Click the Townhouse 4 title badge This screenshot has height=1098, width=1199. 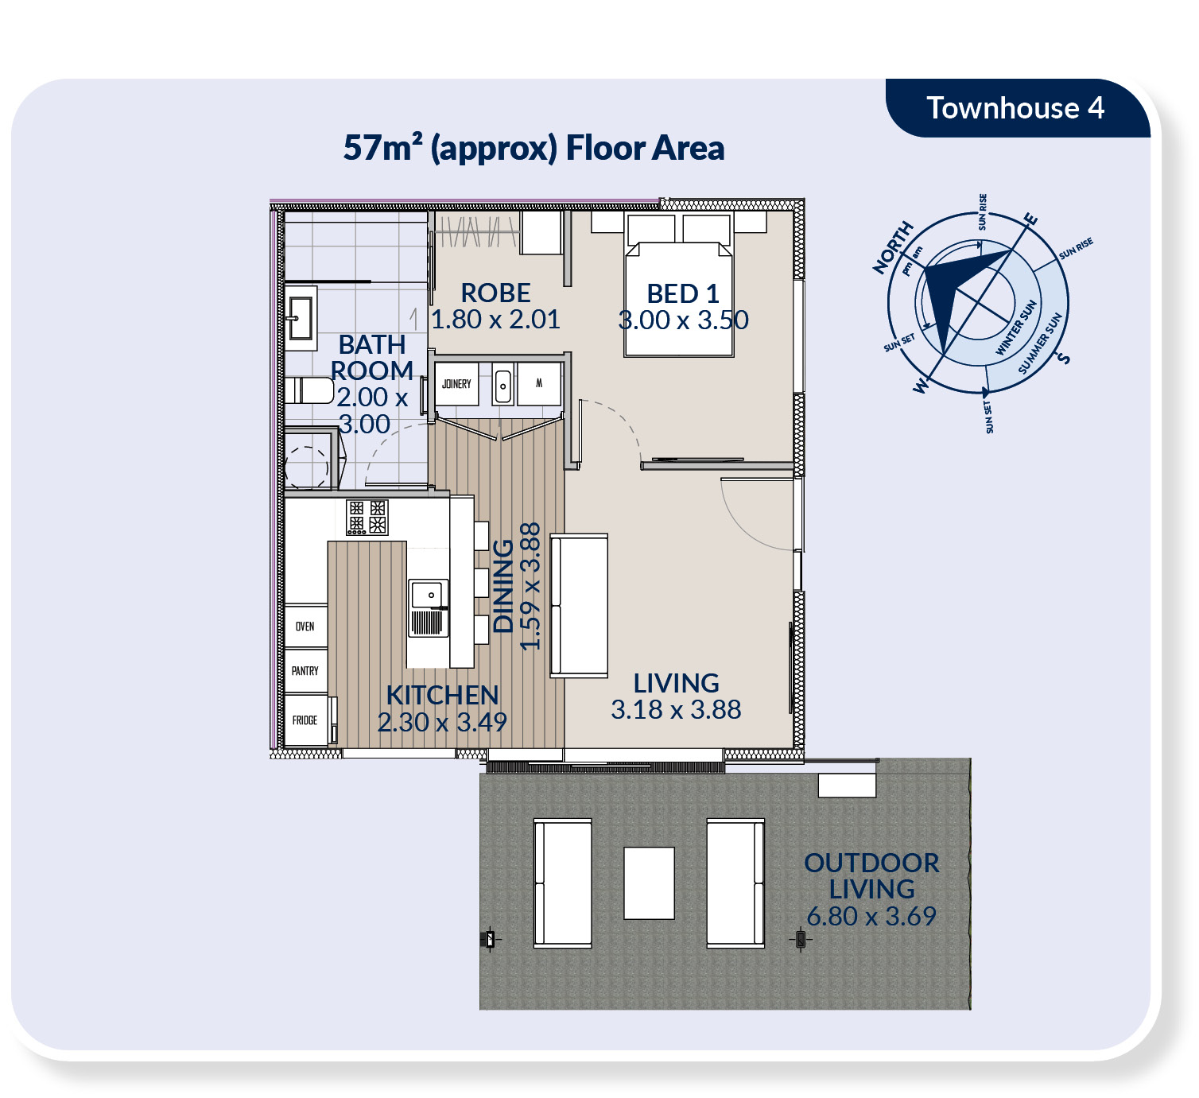tap(1016, 108)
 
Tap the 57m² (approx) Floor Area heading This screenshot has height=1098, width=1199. tap(534, 148)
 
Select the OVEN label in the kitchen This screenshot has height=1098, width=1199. tap(305, 627)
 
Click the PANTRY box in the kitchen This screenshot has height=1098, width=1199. tap(305, 670)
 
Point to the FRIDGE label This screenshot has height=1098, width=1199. tap(305, 720)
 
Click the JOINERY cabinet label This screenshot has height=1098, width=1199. tap(456, 384)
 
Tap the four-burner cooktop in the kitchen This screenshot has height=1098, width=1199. tap(367, 517)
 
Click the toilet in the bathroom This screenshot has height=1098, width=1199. tap(309, 390)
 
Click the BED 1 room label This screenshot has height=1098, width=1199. tap(682, 293)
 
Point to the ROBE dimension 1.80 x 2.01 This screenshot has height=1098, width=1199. tap(495, 320)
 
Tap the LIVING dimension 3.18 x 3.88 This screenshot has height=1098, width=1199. tap(676, 709)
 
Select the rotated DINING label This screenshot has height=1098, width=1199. tap(503, 586)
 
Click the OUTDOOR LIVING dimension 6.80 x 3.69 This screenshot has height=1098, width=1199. tap(871, 916)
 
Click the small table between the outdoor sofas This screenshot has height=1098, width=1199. tap(649, 883)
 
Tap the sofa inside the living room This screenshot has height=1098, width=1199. tap(579, 606)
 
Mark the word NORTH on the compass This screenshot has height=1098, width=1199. tap(894, 247)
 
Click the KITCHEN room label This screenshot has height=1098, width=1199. tap(442, 695)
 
